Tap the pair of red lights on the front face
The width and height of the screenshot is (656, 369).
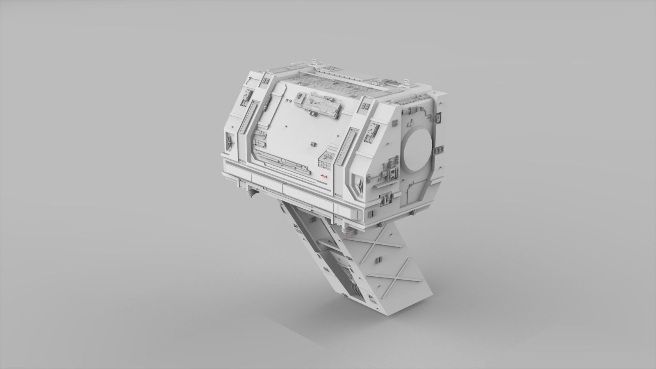324,176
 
